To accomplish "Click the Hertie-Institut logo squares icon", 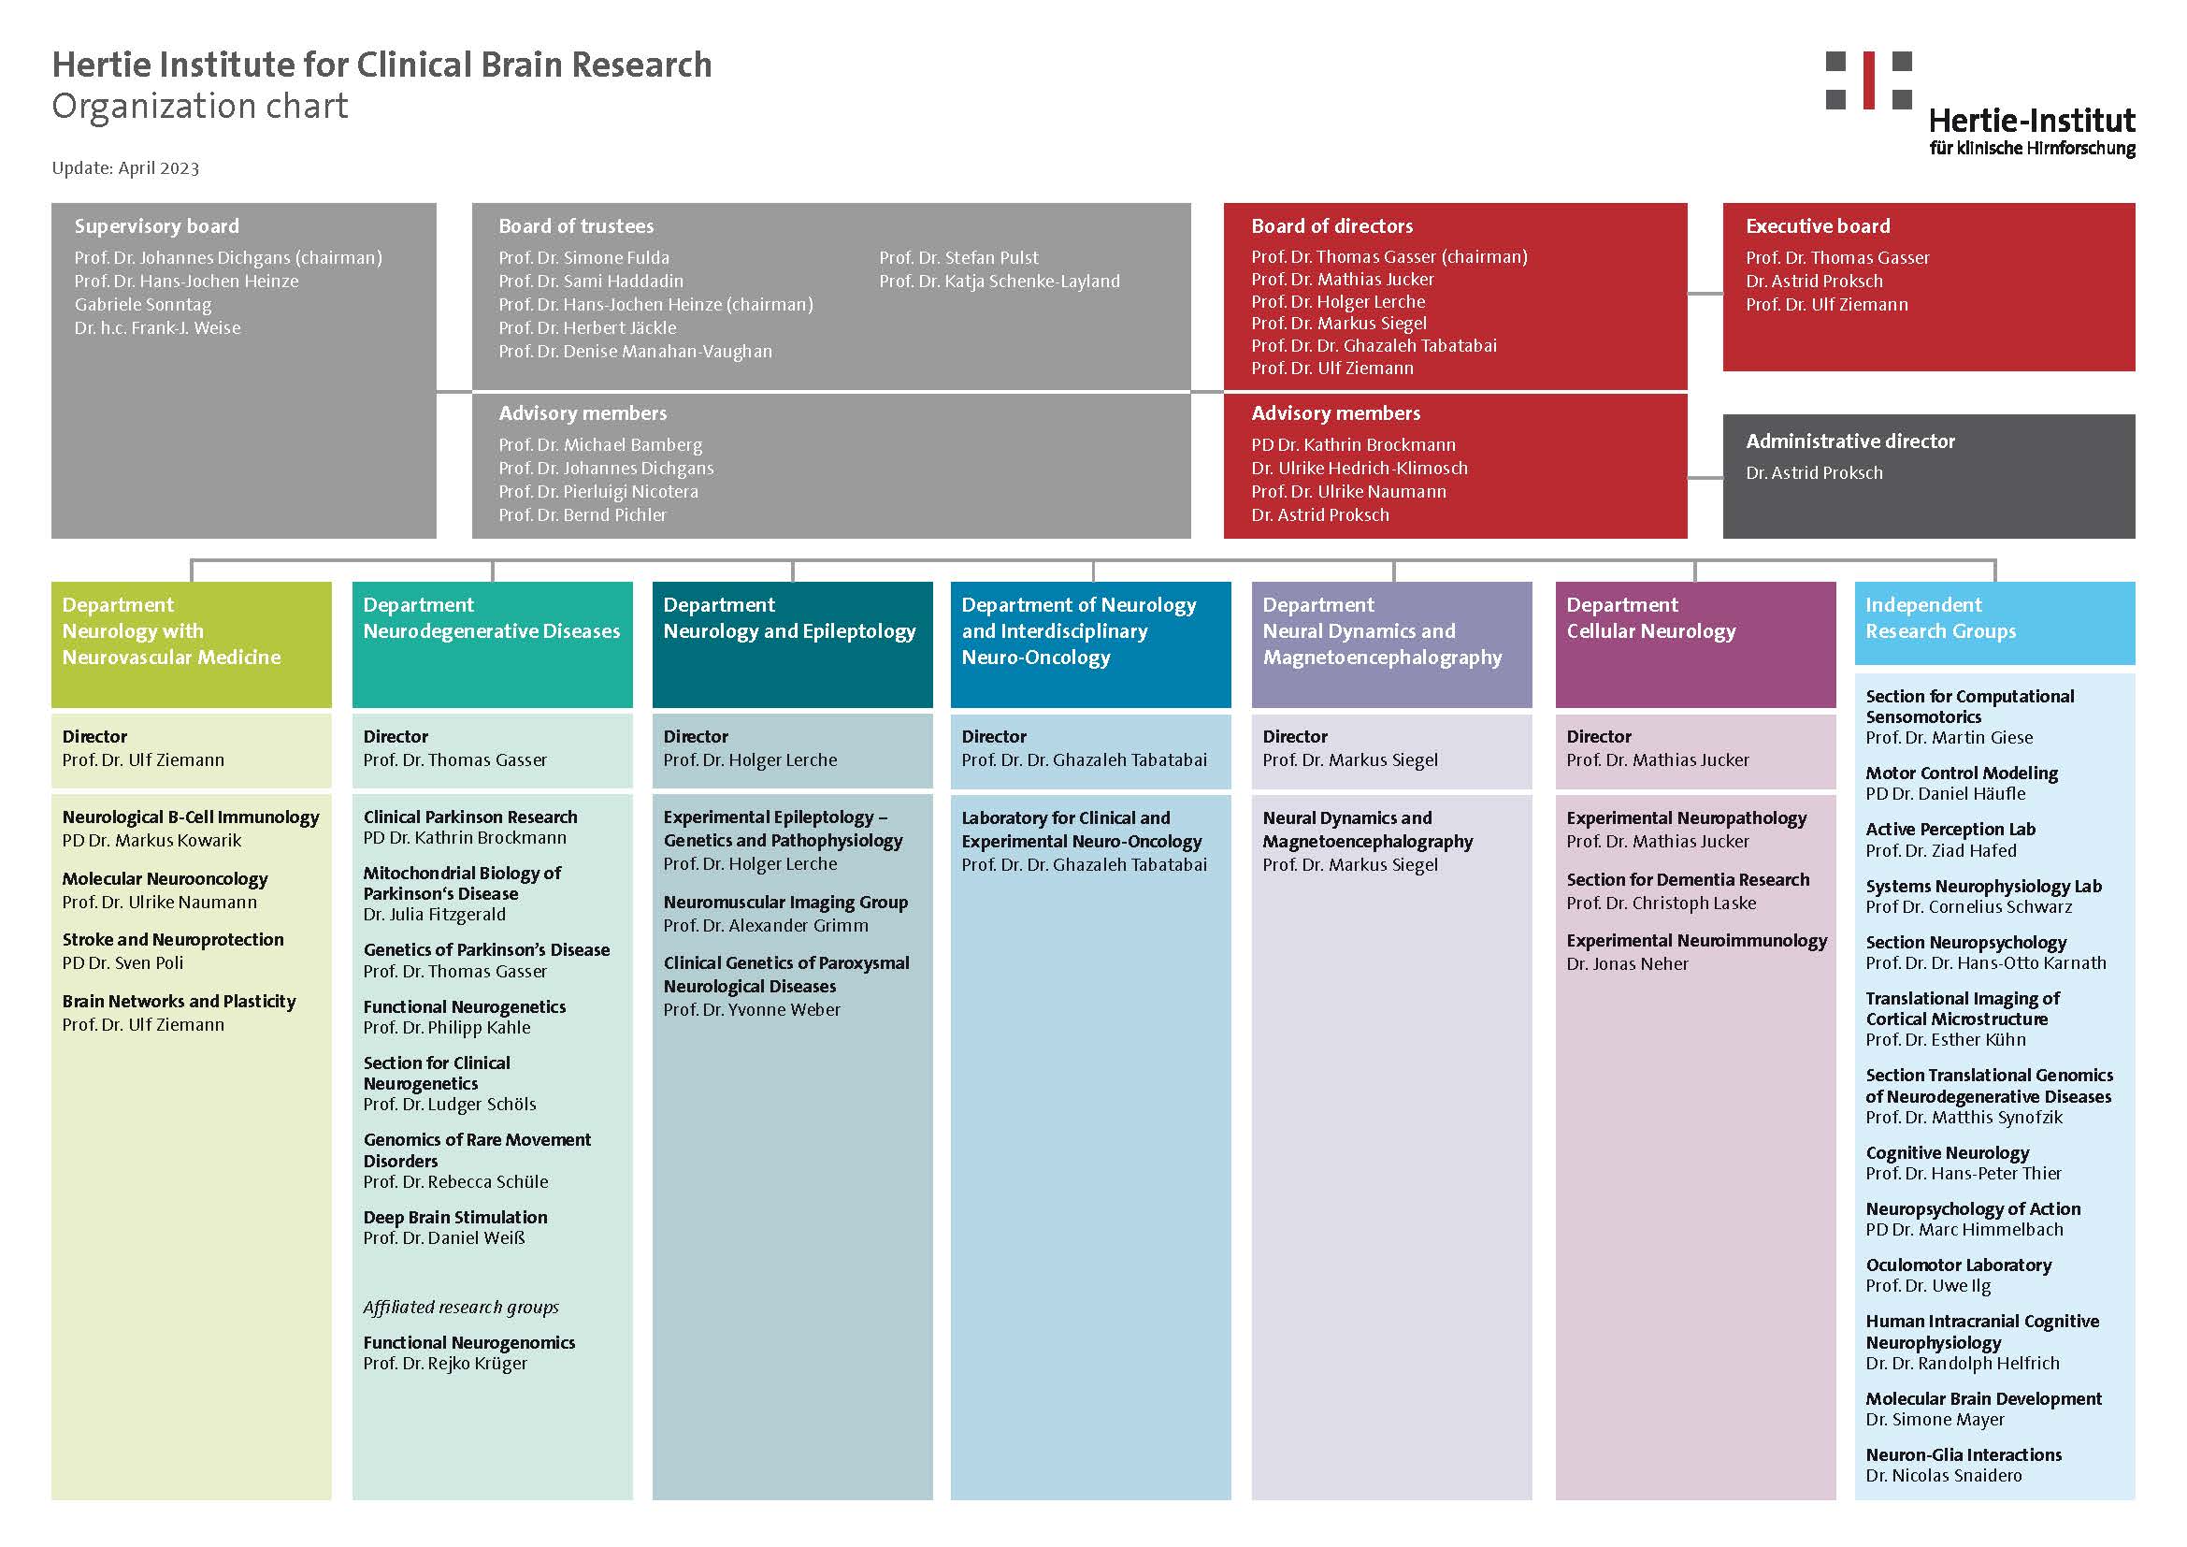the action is coord(1868,80).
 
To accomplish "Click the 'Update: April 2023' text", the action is coord(125,168).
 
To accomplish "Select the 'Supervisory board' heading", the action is coord(157,226).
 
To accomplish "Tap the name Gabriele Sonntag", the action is coord(143,305).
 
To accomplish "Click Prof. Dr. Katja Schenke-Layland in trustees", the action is coord(1000,281).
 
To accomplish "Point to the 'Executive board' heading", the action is coord(1818,226).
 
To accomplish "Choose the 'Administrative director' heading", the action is coord(1849,441).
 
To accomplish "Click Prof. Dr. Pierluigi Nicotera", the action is coord(598,492).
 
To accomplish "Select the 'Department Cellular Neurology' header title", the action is coord(1650,617).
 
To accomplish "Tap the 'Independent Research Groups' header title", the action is coord(1940,617).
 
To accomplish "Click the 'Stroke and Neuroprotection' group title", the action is coord(172,939).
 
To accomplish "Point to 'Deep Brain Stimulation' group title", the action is coord(455,1218).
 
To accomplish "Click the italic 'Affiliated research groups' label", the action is coord(461,1307).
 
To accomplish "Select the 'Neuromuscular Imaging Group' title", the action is coord(785,902).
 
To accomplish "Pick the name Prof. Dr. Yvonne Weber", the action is coord(752,1010).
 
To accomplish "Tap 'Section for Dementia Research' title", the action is coord(1688,880).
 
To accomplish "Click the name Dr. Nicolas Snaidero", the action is coord(1943,1476).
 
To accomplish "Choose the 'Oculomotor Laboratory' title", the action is coord(1959,1265).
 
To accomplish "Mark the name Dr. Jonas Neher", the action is coord(1627,964).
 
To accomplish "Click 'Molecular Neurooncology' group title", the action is coord(165,879).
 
